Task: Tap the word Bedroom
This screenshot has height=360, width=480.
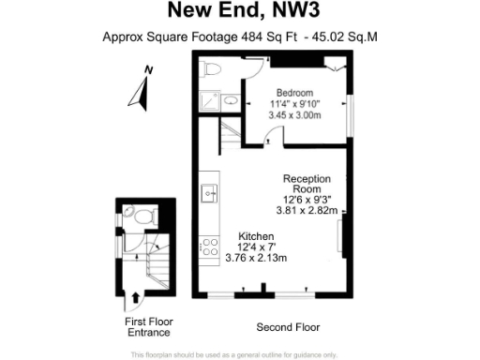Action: point(292,92)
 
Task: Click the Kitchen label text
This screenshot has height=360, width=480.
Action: point(256,234)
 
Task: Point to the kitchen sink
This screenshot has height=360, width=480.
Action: point(208,194)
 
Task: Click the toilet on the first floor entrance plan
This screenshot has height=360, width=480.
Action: point(142,216)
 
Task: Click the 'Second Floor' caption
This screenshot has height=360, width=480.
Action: point(288,328)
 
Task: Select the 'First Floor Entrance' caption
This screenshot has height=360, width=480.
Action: point(148,326)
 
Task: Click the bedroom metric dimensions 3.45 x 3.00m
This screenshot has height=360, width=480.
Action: point(294,114)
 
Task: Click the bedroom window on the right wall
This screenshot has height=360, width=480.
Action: point(352,114)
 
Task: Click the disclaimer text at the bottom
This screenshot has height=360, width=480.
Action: point(233,354)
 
